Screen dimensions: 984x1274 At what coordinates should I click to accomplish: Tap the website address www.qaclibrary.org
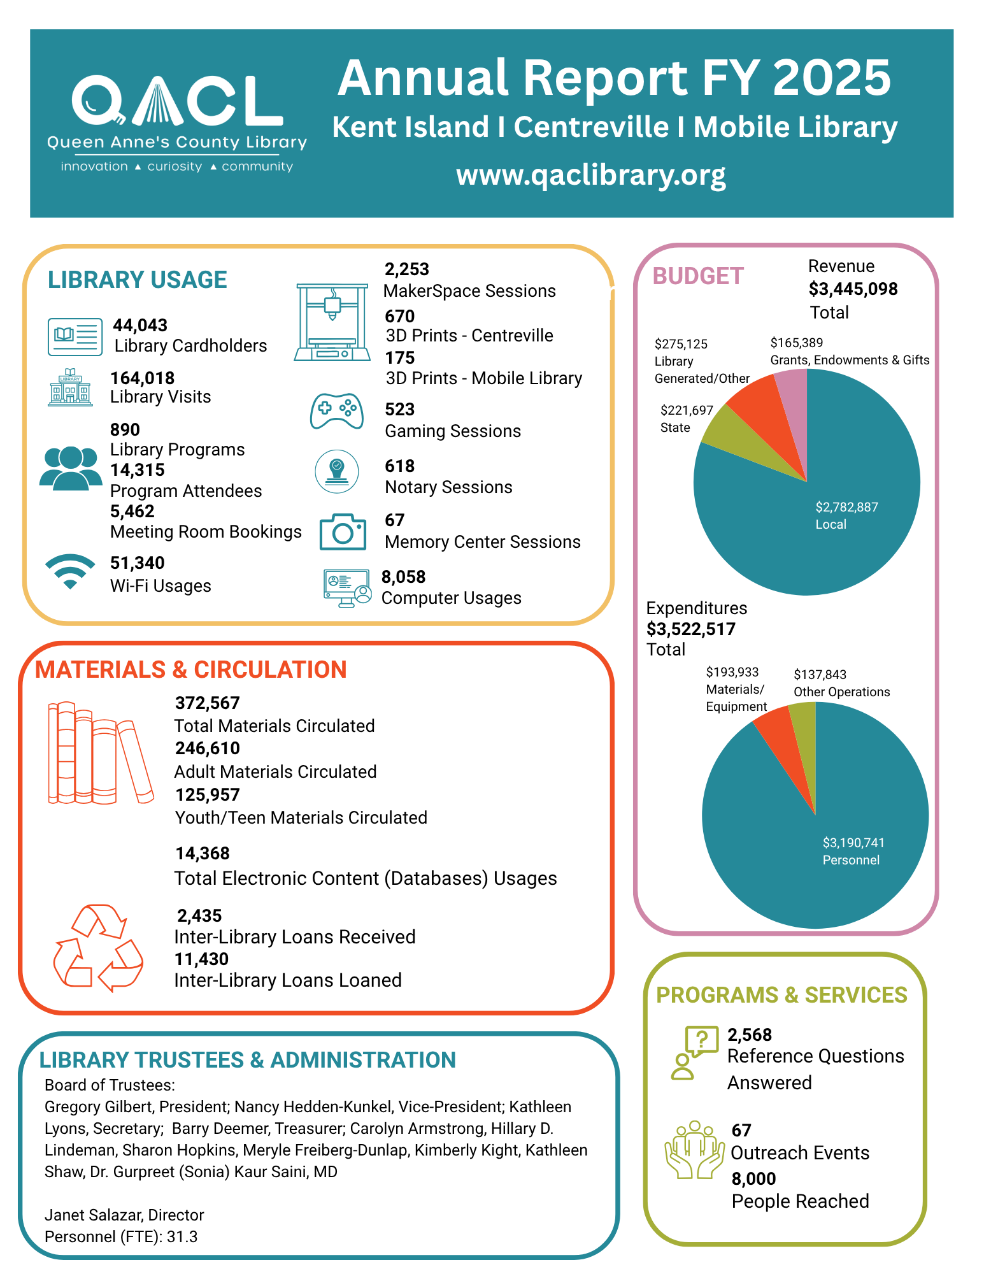point(591,175)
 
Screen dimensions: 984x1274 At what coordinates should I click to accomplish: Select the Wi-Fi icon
point(70,571)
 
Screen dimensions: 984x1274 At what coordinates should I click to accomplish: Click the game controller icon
point(337,412)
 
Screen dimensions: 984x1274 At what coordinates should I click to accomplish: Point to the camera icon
point(343,531)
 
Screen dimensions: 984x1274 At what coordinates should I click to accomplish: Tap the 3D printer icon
point(332,322)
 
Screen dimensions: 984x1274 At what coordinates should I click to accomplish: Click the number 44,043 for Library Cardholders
point(140,325)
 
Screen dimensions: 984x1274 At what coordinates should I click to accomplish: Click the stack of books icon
point(101,752)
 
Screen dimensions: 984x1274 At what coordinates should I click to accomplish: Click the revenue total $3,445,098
point(853,289)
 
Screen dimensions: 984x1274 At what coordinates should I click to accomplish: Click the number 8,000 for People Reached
point(753,1178)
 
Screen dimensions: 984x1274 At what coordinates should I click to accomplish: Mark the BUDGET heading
point(698,276)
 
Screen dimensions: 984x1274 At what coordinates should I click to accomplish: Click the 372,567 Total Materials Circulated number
point(208,703)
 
